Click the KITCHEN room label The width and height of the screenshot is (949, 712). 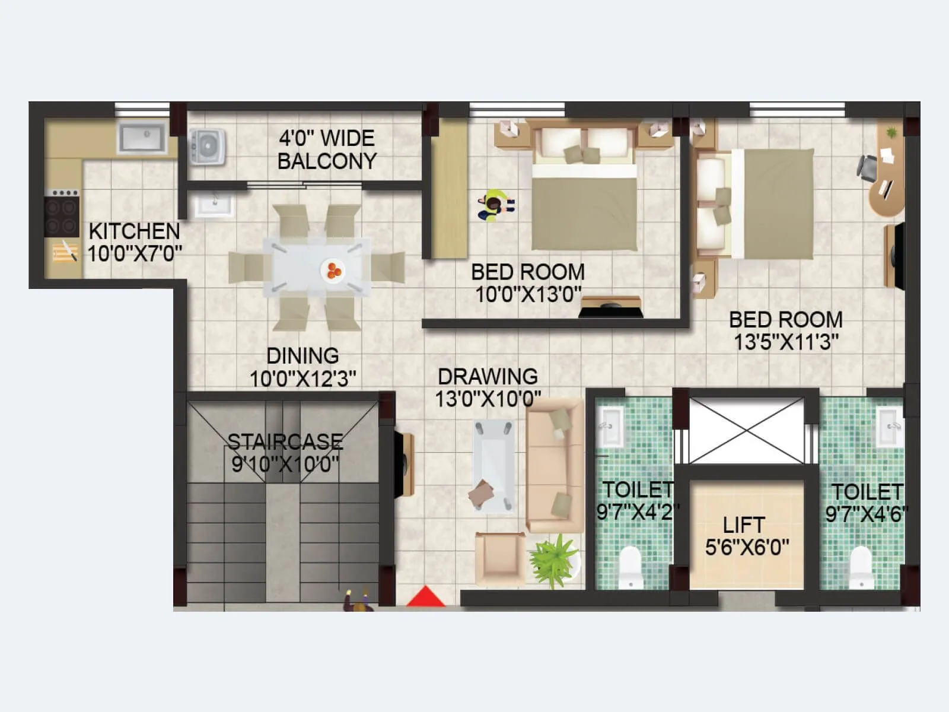coord(134,231)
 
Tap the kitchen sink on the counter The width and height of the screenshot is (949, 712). coord(142,138)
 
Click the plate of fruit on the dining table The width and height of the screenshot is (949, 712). coord(332,271)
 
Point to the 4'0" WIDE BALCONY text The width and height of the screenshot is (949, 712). coord(327,150)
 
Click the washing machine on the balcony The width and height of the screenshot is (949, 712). coord(207,146)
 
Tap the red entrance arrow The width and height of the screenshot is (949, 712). coord(425,597)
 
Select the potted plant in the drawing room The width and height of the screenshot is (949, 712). coord(553,560)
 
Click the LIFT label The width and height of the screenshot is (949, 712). coord(744,525)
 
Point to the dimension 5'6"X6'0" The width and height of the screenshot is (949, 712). coord(747,547)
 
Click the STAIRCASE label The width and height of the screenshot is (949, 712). coord(285,441)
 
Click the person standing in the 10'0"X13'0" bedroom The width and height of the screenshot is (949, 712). coord(495,205)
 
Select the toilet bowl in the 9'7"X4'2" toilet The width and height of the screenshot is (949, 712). coord(630,567)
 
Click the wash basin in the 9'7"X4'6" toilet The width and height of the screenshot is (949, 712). coord(890,426)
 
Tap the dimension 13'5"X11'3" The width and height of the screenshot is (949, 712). coord(786,342)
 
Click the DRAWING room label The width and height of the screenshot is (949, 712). coord(488,377)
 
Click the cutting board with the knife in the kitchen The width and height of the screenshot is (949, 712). coord(65,252)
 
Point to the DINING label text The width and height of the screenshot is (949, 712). coord(302,356)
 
